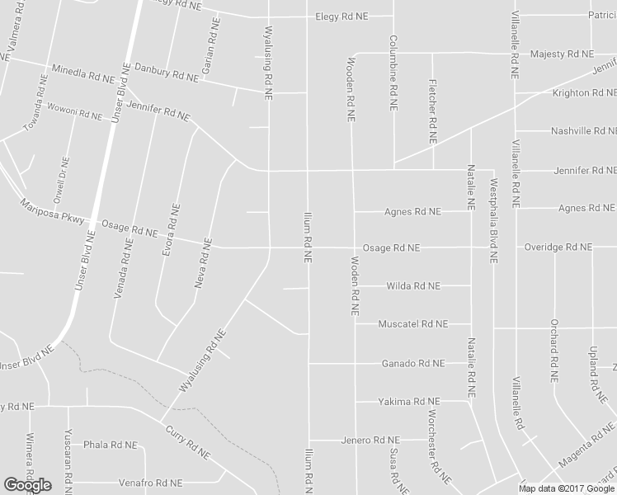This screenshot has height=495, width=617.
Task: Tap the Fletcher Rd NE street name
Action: click(x=431, y=110)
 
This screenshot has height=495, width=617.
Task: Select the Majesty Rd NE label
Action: click(x=562, y=54)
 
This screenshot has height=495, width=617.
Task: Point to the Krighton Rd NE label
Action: click(x=582, y=93)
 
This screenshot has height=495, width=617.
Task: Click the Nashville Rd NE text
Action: click(x=582, y=131)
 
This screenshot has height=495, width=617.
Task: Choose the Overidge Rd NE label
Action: click(x=558, y=247)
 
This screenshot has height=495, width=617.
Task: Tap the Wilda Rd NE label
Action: click(x=413, y=286)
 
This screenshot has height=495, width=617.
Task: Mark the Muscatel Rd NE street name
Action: click(x=412, y=325)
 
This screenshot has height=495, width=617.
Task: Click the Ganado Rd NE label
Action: click(x=412, y=364)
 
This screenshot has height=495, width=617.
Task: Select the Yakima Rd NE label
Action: click(x=409, y=402)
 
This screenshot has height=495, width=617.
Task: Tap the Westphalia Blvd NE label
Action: click(x=494, y=220)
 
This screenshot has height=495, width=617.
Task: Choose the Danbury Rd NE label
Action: click(x=166, y=74)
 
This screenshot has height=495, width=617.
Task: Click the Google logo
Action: click(x=27, y=485)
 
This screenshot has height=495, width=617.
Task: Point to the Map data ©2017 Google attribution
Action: click(x=568, y=488)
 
